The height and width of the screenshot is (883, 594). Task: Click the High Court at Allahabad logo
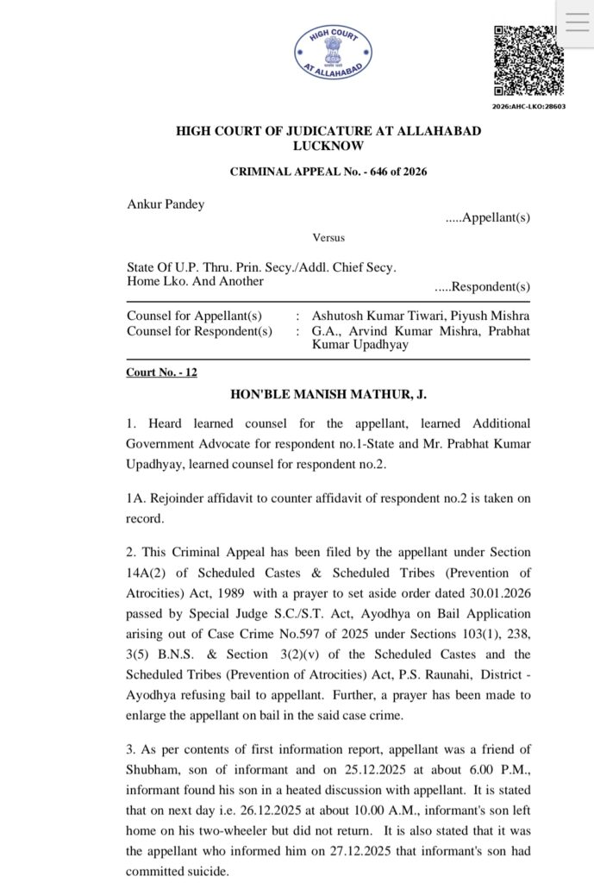point(333,53)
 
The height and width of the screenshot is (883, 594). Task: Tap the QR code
point(528,60)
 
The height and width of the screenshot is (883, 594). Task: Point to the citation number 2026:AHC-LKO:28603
point(528,106)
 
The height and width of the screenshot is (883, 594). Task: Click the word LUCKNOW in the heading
point(328,147)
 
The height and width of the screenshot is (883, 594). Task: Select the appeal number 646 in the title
point(373,172)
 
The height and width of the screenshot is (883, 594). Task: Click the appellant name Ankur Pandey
point(166,204)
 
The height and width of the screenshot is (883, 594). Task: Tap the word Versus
point(328,237)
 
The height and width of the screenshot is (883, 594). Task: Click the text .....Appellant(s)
point(487,218)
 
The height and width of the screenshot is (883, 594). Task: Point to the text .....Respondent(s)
point(482,286)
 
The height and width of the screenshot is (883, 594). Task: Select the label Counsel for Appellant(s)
point(194,316)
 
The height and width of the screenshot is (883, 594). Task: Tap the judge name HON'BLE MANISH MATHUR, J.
point(328,394)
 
